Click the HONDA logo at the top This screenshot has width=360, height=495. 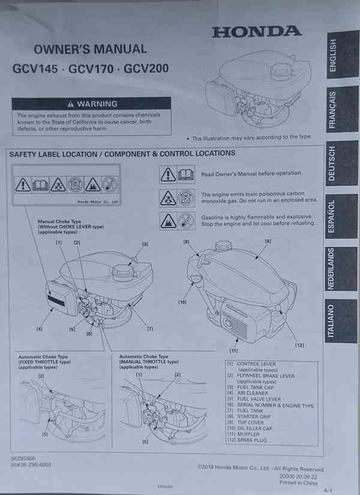[x=257, y=32]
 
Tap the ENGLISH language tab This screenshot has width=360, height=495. [x=340, y=56]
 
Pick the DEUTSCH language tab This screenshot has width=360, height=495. [x=340, y=164]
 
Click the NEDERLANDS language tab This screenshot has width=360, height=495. [x=340, y=269]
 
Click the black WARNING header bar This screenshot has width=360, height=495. [x=92, y=104]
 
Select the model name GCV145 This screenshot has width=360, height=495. [x=36, y=68]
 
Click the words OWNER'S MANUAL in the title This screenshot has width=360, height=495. [x=90, y=49]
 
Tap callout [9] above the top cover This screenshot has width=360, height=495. [x=268, y=241]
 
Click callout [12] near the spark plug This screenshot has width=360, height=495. [x=299, y=344]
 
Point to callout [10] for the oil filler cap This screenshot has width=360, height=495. [x=182, y=302]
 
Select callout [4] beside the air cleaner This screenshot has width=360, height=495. [x=39, y=329]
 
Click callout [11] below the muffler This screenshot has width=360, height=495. [x=233, y=350]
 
